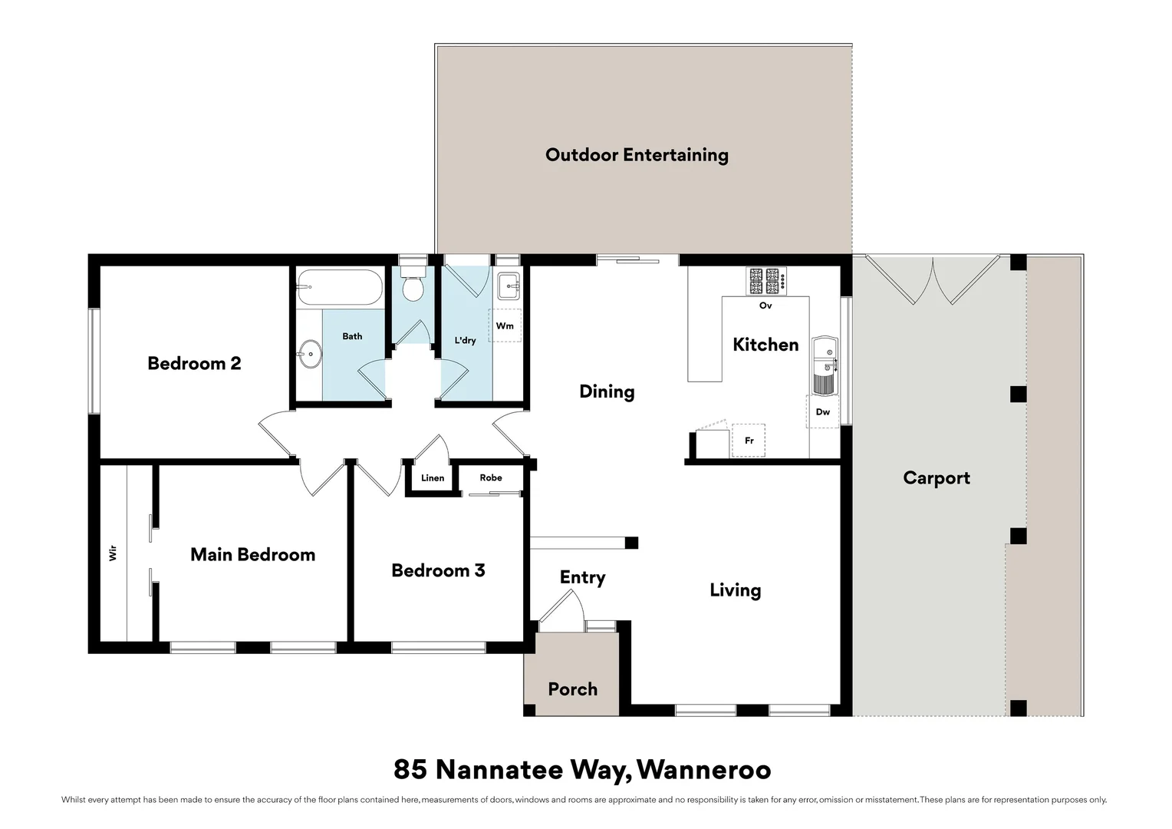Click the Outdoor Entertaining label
tap(637, 155)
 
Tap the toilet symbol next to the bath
tap(413, 286)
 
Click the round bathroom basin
tap(310, 355)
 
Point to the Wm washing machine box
tap(505, 325)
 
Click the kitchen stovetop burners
tap(766, 281)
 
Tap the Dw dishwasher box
tap(822, 412)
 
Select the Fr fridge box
tap(749, 441)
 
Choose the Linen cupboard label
tap(433, 478)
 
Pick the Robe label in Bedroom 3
tap(491, 477)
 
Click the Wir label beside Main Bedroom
tap(114, 553)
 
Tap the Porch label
tap(572, 689)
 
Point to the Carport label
tap(937, 478)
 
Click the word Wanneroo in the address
tap(703, 769)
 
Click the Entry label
tap(582, 577)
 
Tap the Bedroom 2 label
tap(194, 363)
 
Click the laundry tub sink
tap(508, 286)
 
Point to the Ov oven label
tap(765, 306)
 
